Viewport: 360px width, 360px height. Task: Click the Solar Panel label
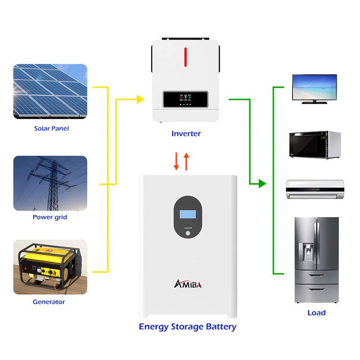51,128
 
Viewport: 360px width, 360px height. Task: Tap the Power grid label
50,217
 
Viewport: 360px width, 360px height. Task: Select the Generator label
49,301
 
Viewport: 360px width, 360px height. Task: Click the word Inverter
186,134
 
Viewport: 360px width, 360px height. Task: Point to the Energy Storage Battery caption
188,327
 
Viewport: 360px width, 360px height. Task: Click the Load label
317,313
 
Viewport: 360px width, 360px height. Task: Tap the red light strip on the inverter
185,57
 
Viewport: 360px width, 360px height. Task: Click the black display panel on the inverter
185,99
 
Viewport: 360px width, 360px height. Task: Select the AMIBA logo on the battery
188,284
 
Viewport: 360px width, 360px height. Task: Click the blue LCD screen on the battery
188,214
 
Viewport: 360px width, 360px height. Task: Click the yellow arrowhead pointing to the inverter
140,99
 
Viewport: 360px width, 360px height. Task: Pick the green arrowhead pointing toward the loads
262,184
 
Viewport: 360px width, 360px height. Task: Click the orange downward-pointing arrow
176,162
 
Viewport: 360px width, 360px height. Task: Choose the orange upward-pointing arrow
186,162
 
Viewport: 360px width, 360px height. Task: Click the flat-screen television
314,89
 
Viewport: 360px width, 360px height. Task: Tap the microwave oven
315,145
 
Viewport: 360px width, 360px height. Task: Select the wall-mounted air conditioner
315,189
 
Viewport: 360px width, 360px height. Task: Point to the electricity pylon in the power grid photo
53,184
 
